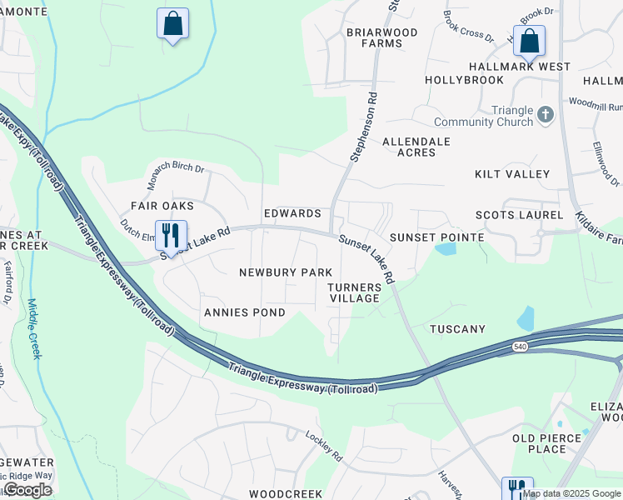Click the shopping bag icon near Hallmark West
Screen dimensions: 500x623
click(529, 40)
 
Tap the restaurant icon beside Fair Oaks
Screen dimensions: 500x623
click(171, 236)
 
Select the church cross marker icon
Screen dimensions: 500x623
click(546, 114)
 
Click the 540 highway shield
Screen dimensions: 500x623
click(520, 346)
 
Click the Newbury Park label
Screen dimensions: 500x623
click(286, 272)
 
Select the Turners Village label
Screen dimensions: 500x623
click(355, 292)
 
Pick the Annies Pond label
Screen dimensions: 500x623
click(244, 312)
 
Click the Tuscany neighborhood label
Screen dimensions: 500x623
click(457, 329)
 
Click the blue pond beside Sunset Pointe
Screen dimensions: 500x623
click(446, 248)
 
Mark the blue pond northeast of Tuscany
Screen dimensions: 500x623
click(526, 318)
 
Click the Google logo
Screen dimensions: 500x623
click(27, 489)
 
